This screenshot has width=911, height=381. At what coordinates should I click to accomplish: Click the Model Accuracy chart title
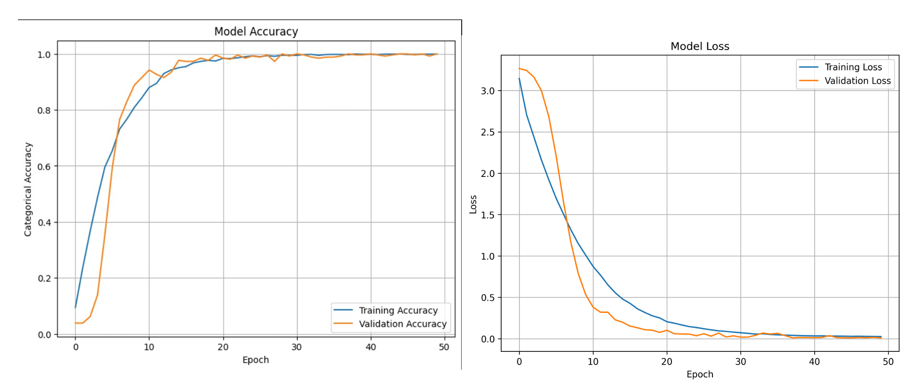(x=256, y=32)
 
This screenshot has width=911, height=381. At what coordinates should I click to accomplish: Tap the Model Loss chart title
(x=700, y=47)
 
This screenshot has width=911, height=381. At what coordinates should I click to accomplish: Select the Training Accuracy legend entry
(x=398, y=310)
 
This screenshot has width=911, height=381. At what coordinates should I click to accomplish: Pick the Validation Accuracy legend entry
(x=402, y=324)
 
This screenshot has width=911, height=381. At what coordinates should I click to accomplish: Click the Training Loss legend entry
(x=853, y=67)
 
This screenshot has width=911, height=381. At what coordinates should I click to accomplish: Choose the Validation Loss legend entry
(x=857, y=81)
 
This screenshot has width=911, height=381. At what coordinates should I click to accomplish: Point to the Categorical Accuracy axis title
(x=28, y=189)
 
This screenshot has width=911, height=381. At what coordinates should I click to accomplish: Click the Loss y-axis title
(x=473, y=204)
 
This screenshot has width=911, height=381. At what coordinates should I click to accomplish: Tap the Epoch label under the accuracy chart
(x=255, y=360)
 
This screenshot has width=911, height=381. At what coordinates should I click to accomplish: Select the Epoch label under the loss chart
(x=700, y=374)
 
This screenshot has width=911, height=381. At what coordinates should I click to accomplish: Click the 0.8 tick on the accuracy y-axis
(x=44, y=110)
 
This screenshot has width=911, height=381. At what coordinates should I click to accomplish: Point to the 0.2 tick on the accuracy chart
(x=44, y=279)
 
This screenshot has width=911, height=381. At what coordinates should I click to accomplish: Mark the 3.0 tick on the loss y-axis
(x=488, y=91)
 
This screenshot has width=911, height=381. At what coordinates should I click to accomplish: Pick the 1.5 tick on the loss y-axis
(x=488, y=215)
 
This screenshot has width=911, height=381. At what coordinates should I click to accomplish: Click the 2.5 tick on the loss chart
(x=488, y=132)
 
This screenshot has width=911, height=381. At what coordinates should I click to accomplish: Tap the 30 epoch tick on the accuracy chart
(x=297, y=347)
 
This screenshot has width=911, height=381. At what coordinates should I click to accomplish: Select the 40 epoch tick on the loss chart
(x=814, y=362)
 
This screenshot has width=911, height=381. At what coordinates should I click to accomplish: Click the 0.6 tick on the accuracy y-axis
(x=44, y=167)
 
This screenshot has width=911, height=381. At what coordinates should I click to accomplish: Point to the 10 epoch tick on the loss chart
(x=593, y=362)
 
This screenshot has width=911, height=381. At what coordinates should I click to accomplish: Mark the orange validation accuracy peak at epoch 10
(x=149, y=70)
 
